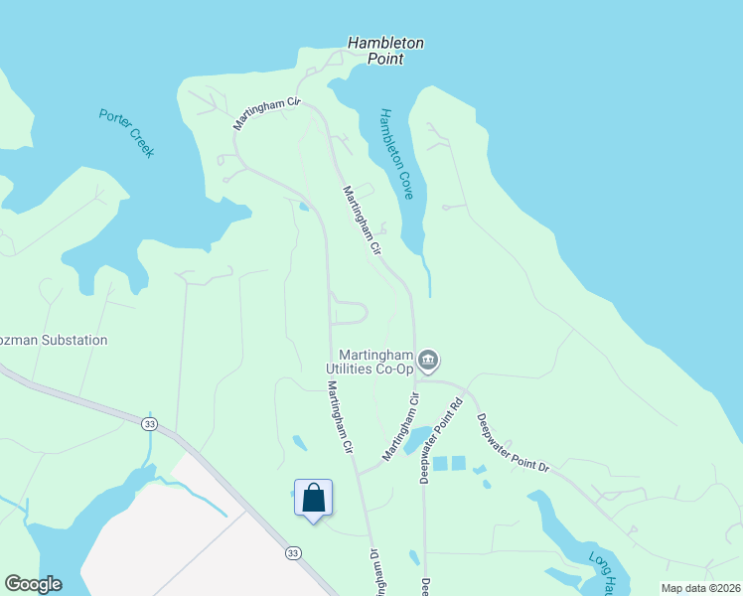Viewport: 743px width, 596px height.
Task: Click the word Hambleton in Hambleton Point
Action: (x=385, y=44)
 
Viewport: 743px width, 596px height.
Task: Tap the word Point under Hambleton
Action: (x=384, y=60)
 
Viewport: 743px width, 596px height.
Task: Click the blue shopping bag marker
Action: (x=313, y=498)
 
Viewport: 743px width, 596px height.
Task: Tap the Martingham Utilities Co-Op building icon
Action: (x=429, y=359)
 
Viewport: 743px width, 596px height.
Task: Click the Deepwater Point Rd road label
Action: (x=441, y=441)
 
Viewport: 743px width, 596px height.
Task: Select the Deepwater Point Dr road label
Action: (x=513, y=443)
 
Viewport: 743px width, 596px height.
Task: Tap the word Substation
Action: (x=73, y=340)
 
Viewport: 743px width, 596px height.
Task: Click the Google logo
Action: (x=33, y=584)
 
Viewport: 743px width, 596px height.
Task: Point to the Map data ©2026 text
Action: (x=700, y=588)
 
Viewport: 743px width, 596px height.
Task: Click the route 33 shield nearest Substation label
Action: (x=149, y=422)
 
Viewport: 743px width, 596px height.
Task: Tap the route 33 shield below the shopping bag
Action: (x=292, y=552)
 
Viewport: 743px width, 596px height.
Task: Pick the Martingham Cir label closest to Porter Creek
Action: (x=266, y=113)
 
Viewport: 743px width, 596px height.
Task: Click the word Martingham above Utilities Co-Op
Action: (x=375, y=355)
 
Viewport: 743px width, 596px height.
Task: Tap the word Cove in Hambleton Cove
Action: (x=404, y=185)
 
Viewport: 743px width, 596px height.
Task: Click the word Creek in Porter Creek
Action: (x=141, y=146)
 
